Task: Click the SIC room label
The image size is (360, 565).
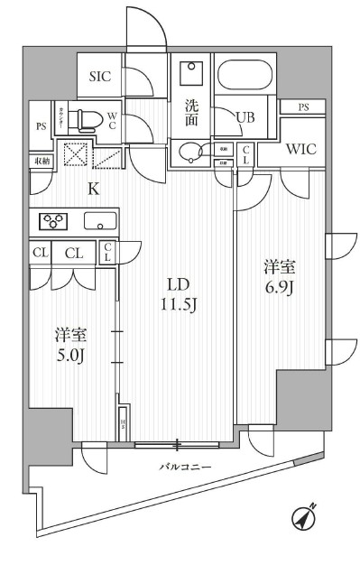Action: (x=99, y=77)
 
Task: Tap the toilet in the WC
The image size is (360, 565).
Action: (x=83, y=117)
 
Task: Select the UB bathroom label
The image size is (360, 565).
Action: (x=245, y=116)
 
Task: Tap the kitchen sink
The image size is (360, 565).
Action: (x=99, y=219)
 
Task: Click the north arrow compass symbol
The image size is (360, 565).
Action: (x=305, y=519)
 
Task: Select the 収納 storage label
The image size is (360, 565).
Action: (x=42, y=161)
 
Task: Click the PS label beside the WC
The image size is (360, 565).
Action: (x=42, y=126)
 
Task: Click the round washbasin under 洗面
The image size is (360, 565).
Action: (x=189, y=152)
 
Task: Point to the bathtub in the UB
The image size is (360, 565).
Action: (x=245, y=79)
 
